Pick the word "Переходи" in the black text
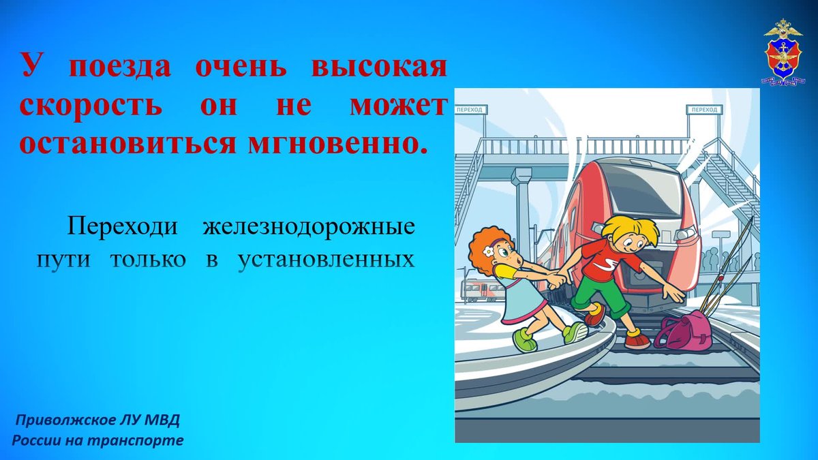[123, 226]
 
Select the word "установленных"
[327, 260]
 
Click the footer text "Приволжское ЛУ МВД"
[97, 420]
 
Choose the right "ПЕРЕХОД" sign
[704, 110]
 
